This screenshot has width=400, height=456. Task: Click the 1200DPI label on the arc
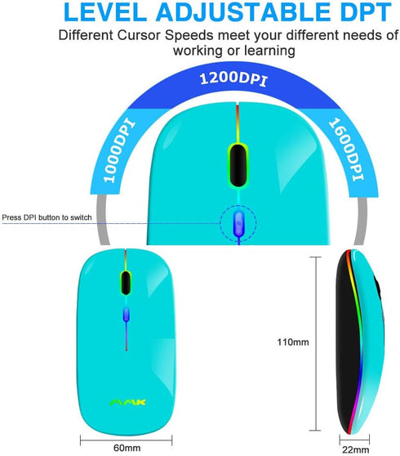(x=233, y=79)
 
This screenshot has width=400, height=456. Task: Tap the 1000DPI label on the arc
(x=119, y=151)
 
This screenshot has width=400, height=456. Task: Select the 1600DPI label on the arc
(x=346, y=150)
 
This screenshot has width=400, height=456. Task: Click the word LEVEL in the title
(x=105, y=12)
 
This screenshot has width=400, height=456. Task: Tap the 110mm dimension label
(x=293, y=342)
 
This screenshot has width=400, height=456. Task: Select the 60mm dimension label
(x=127, y=448)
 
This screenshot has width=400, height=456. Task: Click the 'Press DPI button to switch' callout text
(x=47, y=217)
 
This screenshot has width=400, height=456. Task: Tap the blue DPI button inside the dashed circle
(x=239, y=223)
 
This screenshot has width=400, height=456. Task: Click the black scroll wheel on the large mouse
(x=238, y=165)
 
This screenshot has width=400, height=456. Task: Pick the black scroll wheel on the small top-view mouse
(x=126, y=283)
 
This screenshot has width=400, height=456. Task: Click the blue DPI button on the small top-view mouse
(x=126, y=315)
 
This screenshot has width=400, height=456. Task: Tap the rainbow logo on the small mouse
(x=127, y=403)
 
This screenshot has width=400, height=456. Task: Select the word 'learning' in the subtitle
(x=269, y=51)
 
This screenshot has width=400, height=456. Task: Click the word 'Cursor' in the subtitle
(x=139, y=35)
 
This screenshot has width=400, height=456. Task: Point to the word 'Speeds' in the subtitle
(x=189, y=36)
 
